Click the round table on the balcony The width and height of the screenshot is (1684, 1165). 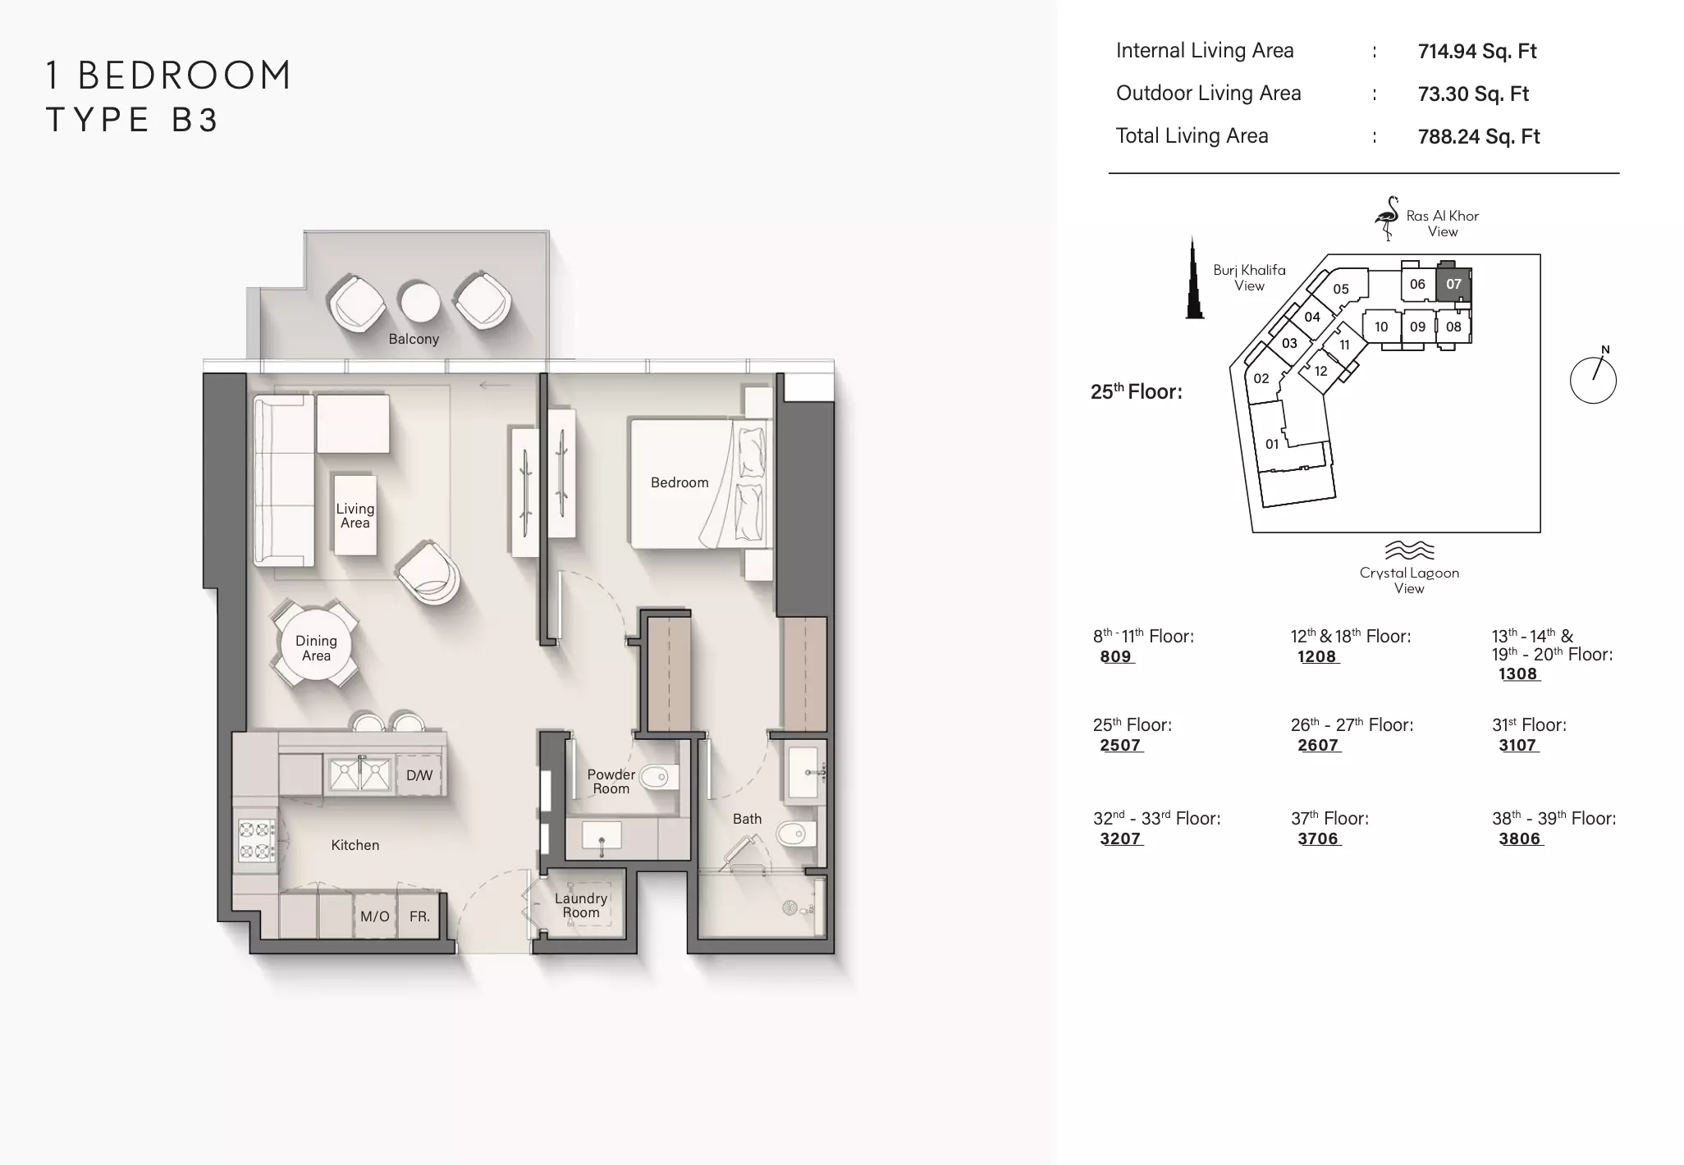coord(419,302)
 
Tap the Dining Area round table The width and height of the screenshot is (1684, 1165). coord(316,646)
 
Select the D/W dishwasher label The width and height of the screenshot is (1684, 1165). coord(419,775)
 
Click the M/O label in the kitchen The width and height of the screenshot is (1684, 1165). coord(375,916)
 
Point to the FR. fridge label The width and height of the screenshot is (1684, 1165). coord(420,916)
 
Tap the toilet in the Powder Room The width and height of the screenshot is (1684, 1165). coord(658,775)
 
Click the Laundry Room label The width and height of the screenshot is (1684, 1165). coord(581,905)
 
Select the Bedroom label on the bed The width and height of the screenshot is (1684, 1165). coord(680,482)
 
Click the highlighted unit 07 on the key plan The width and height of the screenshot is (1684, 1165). coord(1453,284)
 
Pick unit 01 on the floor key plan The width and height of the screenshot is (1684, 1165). coord(1272,444)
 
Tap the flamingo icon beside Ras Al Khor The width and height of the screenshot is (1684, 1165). coord(1387,218)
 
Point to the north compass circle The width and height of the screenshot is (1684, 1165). coord(1593,380)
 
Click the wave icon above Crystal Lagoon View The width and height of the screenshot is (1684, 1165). coord(1409,550)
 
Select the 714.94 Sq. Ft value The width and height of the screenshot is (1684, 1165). coord(1477,51)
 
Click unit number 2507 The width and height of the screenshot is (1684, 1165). coord(1120,745)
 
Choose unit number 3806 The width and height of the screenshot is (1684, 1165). coord(1519,838)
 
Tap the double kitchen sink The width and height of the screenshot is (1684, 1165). coord(359,774)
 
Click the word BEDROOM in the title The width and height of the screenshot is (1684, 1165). coord(185,75)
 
